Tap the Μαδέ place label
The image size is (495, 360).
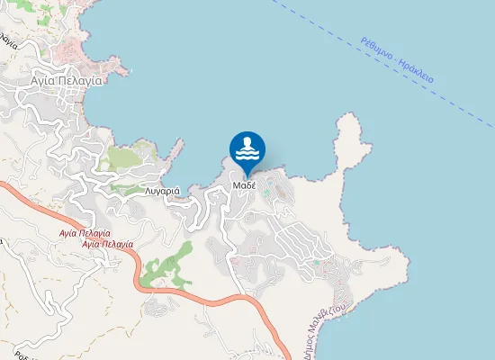(x=246, y=185)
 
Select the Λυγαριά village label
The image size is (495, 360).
(x=163, y=191)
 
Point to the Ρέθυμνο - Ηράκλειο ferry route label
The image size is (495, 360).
(x=397, y=59)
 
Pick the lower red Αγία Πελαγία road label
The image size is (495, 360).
(x=107, y=244)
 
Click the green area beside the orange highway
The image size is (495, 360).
(x=166, y=266)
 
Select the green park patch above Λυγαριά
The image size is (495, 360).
(x=121, y=157)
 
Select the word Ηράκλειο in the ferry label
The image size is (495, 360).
(x=416, y=71)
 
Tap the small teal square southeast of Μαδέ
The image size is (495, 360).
(x=316, y=264)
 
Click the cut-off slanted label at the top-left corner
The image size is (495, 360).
(x=9, y=40)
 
